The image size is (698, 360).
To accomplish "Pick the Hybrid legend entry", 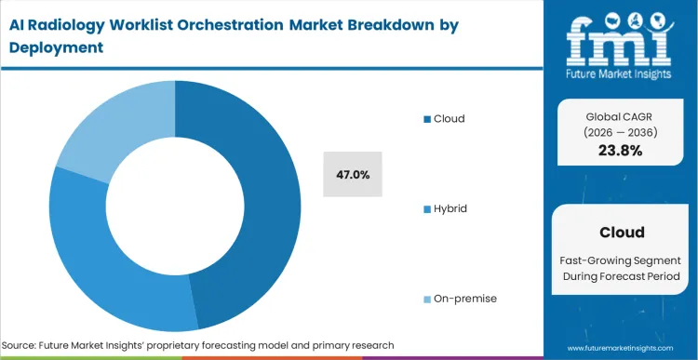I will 450,208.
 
